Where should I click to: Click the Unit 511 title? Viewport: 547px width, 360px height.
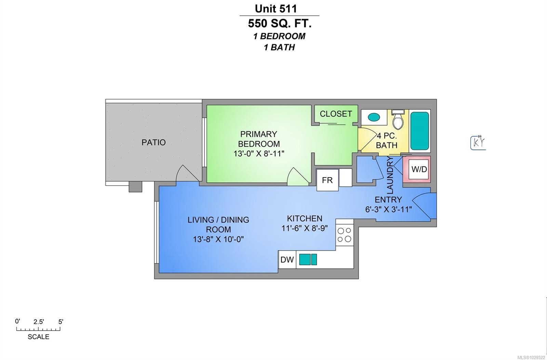click(x=276, y=8)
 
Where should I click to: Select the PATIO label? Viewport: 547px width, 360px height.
click(x=154, y=142)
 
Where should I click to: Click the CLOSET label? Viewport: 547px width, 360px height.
click(x=336, y=114)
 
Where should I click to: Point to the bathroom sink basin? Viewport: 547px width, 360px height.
click(x=374, y=117)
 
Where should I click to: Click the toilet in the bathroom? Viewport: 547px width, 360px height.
click(x=397, y=119)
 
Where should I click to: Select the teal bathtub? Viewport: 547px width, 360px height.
click(x=419, y=130)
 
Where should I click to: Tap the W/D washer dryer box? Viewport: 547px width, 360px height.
click(x=419, y=169)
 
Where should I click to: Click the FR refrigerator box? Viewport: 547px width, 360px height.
click(x=327, y=180)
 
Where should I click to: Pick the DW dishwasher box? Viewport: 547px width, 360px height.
click(x=287, y=259)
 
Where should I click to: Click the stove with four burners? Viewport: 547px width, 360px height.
click(x=344, y=235)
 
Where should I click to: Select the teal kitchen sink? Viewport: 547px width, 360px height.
click(x=308, y=259)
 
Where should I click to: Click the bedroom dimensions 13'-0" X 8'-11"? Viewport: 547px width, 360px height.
click(x=259, y=154)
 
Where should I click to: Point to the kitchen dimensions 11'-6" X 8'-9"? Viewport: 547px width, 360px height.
click(x=304, y=228)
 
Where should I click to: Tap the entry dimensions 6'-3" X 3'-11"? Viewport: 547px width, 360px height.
click(x=388, y=209)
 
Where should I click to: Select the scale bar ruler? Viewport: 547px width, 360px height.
click(x=38, y=329)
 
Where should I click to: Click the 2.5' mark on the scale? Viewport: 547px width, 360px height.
click(x=39, y=322)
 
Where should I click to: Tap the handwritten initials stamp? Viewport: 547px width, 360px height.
click(x=478, y=143)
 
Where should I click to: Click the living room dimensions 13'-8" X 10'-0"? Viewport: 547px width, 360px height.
click(x=218, y=239)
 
